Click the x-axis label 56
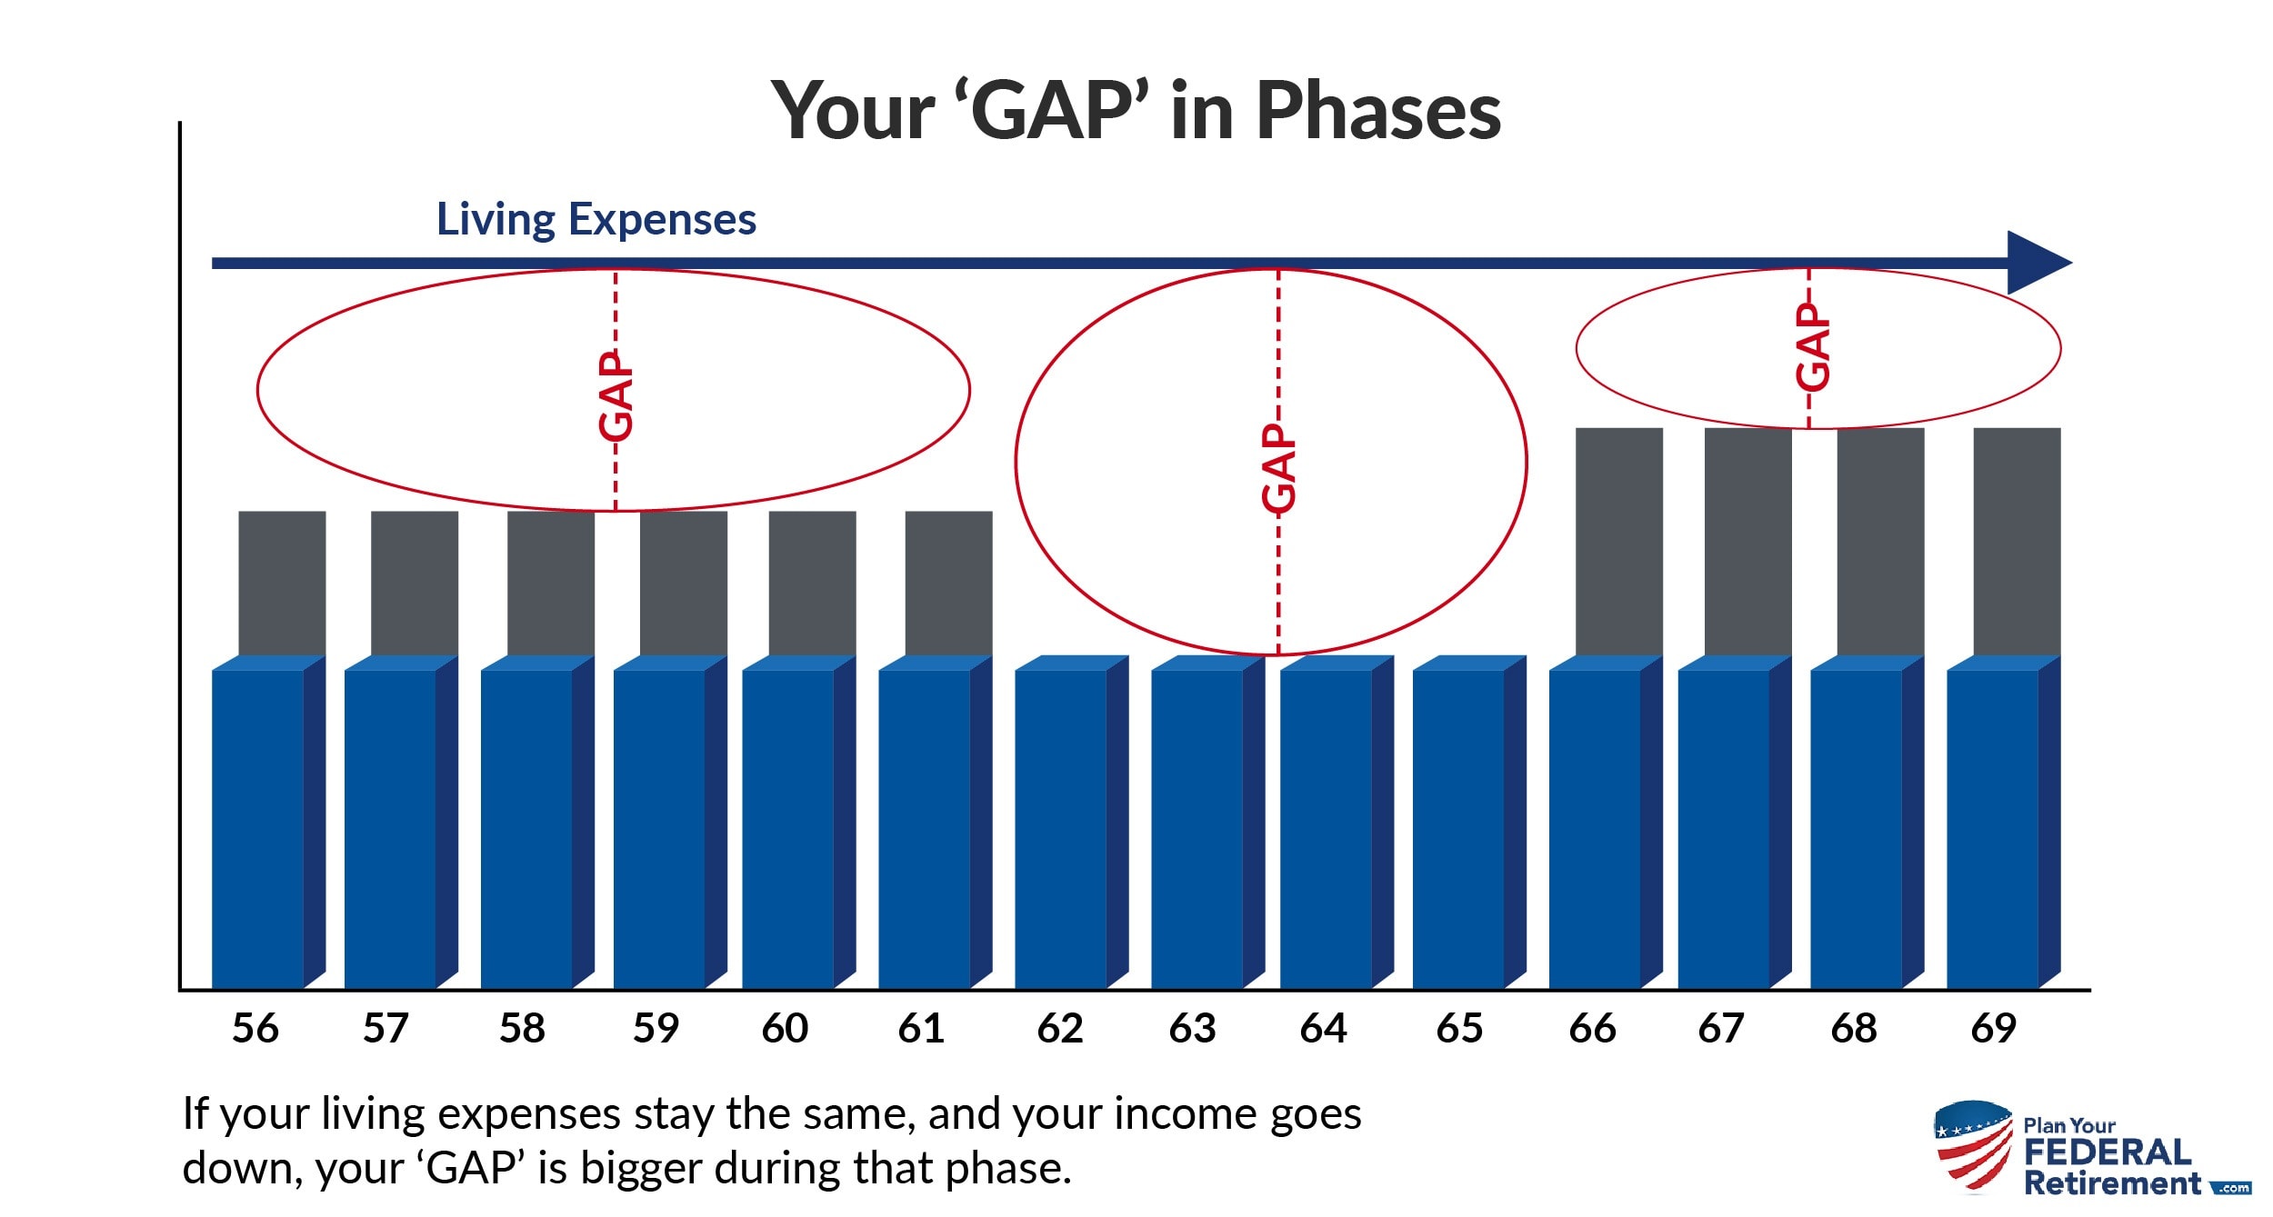[255, 1029]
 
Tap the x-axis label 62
[1060, 1029]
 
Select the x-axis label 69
[1993, 1029]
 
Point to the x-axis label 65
[1459, 1029]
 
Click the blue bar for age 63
[1208, 822]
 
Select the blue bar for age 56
[269, 822]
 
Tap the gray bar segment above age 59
[684, 584]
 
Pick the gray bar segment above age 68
[1881, 542]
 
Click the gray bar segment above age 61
[949, 584]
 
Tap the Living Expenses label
[596, 220]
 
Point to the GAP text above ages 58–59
[616, 396]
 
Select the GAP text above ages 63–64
[1279, 468]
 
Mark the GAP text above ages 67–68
[1812, 346]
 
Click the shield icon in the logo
[1974, 1146]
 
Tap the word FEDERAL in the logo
[2108, 1152]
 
